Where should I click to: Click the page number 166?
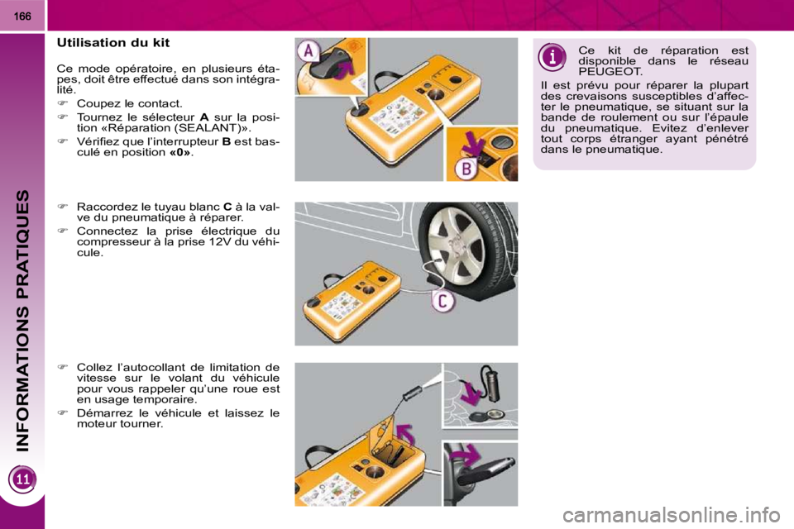click(22, 17)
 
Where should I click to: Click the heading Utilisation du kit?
click(113, 42)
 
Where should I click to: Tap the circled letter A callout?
click(309, 51)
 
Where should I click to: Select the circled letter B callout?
click(466, 169)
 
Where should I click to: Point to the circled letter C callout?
click(442, 301)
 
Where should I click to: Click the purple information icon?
click(552, 56)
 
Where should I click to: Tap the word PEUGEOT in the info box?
click(610, 72)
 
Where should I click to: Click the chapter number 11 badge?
click(23, 479)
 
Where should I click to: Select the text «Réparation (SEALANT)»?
click(173, 128)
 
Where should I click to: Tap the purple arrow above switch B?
click(475, 144)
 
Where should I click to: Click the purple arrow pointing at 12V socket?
click(471, 391)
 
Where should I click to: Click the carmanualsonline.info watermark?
click(672, 516)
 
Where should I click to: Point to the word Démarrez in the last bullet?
click(100, 413)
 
